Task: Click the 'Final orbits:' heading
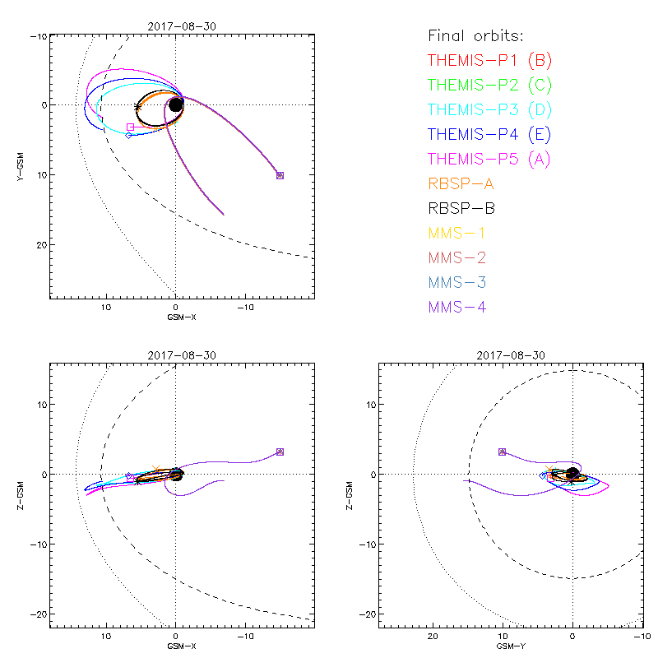[x=476, y=36]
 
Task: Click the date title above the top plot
[x=182, y=26]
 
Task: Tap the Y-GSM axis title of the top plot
[x=20, y=165]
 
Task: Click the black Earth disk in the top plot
[x=175, y=105]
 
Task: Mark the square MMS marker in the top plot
[x=280, y=175]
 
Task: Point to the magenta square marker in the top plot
[x=130, y=127]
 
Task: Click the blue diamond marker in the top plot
[x=128, y=134]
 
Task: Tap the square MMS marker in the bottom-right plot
[x=502, y=452]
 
